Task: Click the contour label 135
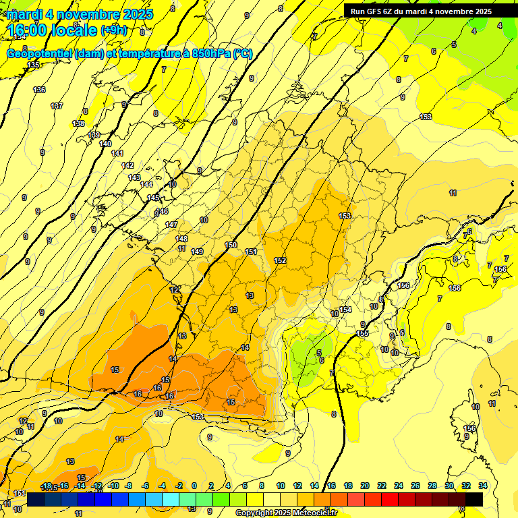click(33, 65)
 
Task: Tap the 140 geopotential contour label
click(105, 144)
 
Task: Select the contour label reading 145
click(153, 198)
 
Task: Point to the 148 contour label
click(181, 239)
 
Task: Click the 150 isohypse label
click(231, 245)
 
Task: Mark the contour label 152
click(281, 260)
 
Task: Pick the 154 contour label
click(345, 310)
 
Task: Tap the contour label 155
click(362, 333)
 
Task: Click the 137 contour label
click(57, 106)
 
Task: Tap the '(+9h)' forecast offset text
click(113, 30)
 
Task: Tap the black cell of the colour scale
click(473, 499)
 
